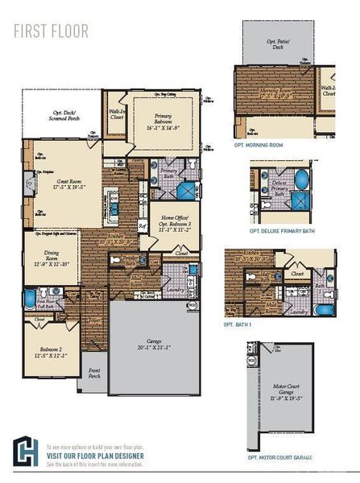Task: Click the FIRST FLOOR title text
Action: pyautogui.click(x=51, y=31)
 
